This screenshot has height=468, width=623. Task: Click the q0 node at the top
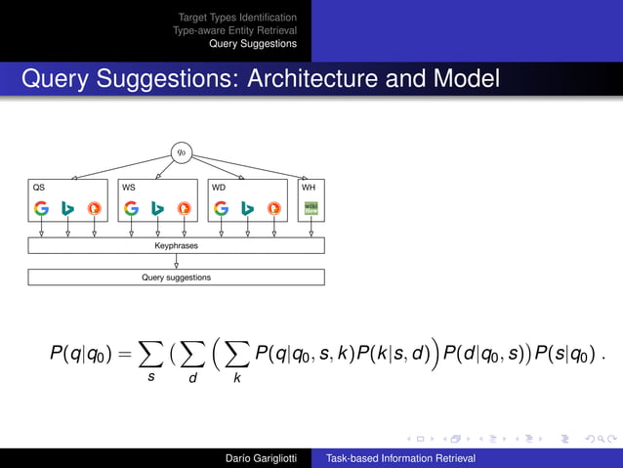coord(181,151)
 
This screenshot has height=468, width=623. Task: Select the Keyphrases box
coord(176,246)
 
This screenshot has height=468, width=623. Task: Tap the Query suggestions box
coord(176,277)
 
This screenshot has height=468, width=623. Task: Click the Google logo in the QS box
coord(41,208)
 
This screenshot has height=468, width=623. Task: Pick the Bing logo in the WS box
coord(157,208)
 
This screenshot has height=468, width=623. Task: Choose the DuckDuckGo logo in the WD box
coord(273,208)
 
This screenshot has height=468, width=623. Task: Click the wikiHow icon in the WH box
coord(311,208)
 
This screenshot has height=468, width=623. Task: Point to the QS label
coord(38,186)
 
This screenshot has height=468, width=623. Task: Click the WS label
coord(129,186)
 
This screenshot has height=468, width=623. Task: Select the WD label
coord(219,186)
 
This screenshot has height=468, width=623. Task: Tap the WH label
coord(309,186)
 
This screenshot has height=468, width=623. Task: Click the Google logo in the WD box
coord(221,208)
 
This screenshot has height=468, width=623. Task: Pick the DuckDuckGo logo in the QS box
coord(94,208)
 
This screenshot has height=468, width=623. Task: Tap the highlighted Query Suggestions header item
coord(252,44)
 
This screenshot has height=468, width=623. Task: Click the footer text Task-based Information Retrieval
coord(400,457)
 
